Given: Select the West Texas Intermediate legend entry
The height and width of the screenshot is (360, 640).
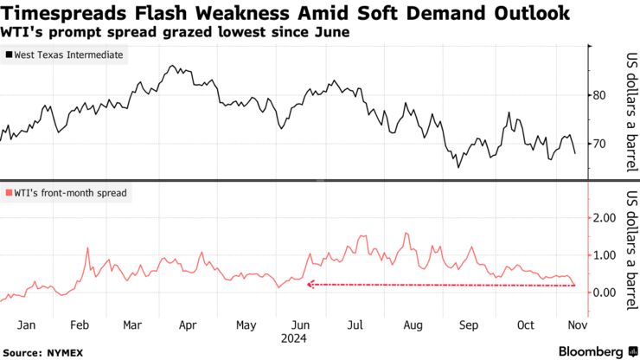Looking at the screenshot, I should [x=67, y=55].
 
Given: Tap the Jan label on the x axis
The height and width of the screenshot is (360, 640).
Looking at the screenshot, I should [x=27, y=325].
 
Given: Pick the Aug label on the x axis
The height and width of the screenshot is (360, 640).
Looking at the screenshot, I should [x=413, y=325].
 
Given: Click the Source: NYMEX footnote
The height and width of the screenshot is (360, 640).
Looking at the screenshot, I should [x=39, y=352].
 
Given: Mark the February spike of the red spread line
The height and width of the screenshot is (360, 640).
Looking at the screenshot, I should [x=87, y=248].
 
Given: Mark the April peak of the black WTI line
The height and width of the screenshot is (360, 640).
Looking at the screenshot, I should [x=172, y=66].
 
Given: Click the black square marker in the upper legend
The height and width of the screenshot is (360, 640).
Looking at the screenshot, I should [x=9, y=55].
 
